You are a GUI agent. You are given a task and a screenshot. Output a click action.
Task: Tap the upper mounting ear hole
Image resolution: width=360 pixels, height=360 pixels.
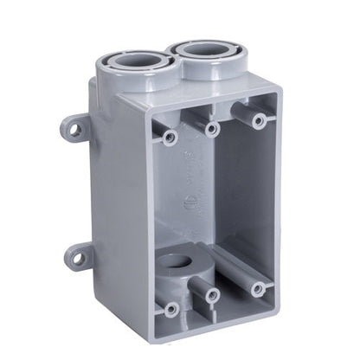[74, 130]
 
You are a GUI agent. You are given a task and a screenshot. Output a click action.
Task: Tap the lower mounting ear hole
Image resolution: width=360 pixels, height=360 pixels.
[78, 257]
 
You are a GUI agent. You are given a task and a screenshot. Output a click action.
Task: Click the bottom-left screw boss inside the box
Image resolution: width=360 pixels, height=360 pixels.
[171, 308]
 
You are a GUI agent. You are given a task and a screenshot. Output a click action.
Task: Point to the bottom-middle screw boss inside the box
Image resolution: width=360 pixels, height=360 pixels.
[210, 296]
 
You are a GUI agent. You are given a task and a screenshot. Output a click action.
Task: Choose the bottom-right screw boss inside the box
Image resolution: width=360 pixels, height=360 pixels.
[258, 288]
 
